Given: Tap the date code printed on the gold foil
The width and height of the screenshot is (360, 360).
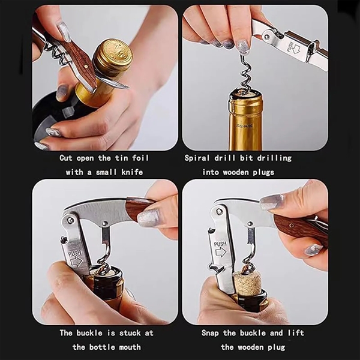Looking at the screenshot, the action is (x=245, y=126).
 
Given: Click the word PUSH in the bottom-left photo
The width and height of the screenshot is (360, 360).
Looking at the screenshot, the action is (x=75, y=253).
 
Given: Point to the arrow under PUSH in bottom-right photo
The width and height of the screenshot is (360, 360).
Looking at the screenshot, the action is (x=221, y=253).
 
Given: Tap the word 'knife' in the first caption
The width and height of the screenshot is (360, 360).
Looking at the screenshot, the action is (x=132, y=172).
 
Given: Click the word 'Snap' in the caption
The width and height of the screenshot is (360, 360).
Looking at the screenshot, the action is (x=210, y=333).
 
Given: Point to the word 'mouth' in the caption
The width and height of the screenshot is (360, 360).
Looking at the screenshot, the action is (x=130, y=347).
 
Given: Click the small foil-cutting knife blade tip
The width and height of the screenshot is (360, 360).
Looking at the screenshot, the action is (x=128, y=87).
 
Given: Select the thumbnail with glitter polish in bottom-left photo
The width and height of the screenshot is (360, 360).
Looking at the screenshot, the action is (x=148, y=218).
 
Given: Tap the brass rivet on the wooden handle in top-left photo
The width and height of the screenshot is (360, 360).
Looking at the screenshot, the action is (x=86, y=67).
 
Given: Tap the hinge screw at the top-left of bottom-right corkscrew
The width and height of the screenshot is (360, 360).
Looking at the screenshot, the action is (x=220, y=211).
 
